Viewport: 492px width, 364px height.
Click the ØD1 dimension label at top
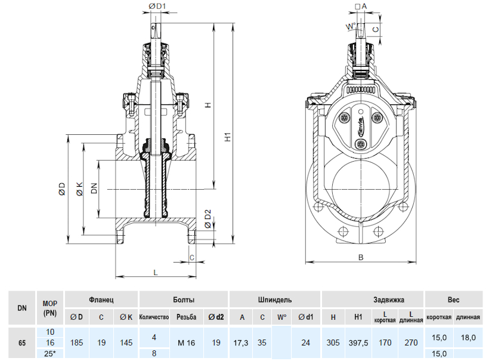pos(156,7)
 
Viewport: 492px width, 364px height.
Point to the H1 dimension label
pos(228,137)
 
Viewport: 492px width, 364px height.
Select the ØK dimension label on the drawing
pos(79,190)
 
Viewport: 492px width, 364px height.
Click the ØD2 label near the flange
pos(208,219)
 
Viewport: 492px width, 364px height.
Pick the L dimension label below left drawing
pos(156,272)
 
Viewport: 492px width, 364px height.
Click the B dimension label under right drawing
pos(361,258)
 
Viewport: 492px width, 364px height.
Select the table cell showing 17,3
pos(243,343)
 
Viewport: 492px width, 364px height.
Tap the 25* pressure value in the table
pos(50,354)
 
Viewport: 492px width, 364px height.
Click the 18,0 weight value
pos(468,337)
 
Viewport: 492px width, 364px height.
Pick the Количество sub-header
pos(154,317)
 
